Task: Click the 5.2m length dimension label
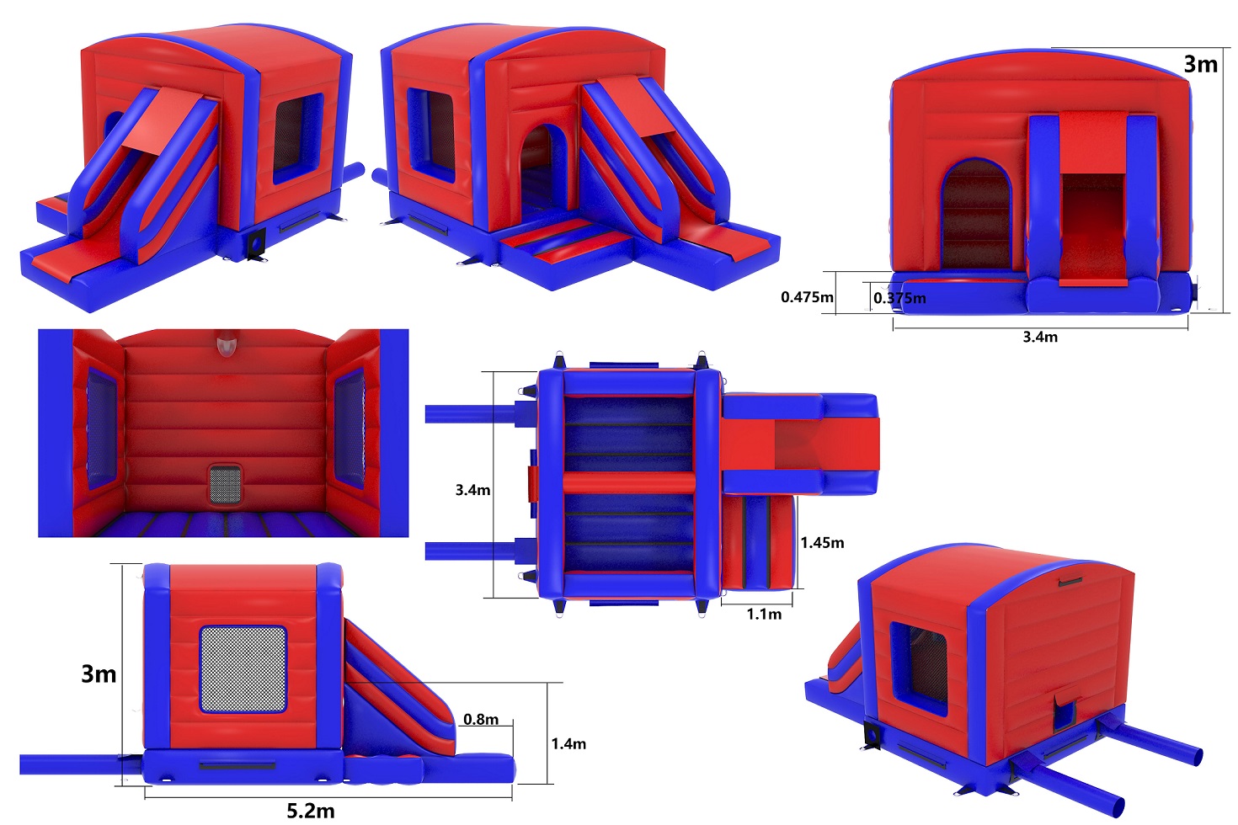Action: pos(311,811)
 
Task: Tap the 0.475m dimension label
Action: pos(807,297)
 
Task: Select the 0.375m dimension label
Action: pos(899,298)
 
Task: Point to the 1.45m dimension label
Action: pos(822,543)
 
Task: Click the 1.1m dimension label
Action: pos(765,614)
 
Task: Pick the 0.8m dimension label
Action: pos(481,719)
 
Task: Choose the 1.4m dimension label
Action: pos(568,744)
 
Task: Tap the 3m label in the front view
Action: pos(1200,65)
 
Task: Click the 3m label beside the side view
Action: pos(99,674)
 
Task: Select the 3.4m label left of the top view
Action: pos(472,490)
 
